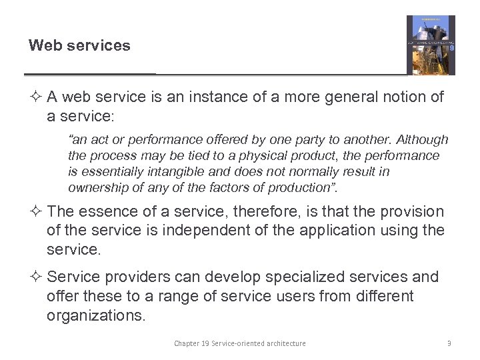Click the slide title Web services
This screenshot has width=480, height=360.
point(79,46)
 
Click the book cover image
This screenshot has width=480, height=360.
point(431,45)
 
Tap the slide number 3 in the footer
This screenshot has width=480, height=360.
point(449,343)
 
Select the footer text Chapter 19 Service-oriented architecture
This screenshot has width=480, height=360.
point(240,343)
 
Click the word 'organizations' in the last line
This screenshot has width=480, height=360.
point(94,315)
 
